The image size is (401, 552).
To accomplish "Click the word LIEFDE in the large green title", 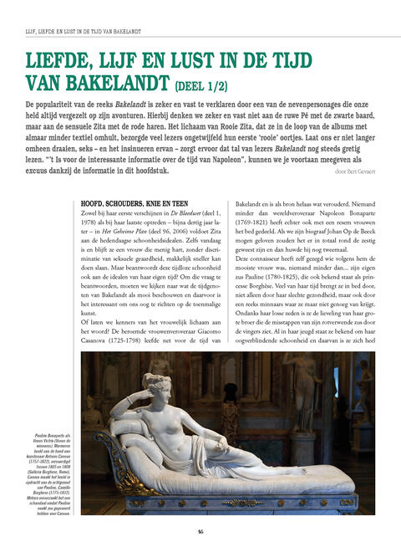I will coord(63,60).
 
